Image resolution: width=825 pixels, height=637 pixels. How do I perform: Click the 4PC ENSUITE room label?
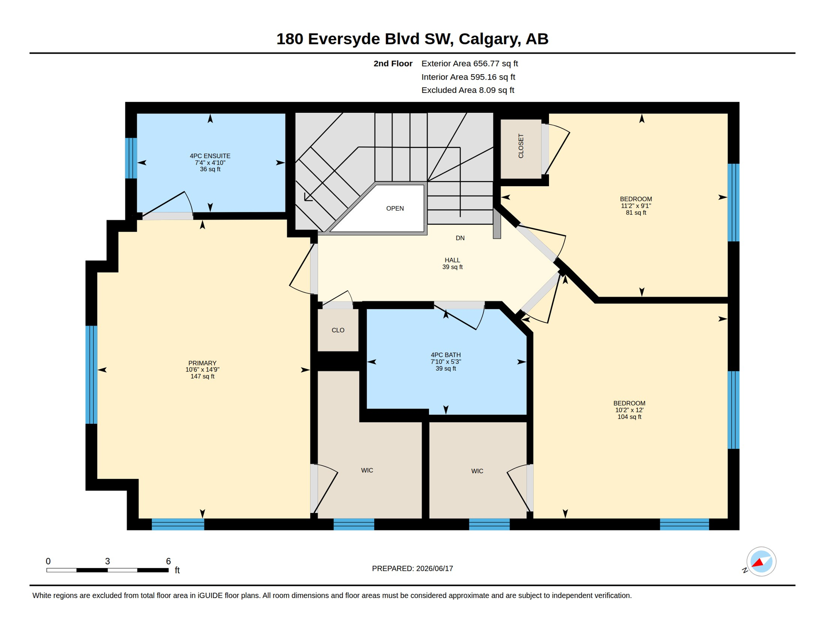coord(210,156)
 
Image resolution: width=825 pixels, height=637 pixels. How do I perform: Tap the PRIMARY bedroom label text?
coord(202,363)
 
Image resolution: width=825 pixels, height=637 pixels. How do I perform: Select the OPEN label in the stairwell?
coord(395,208)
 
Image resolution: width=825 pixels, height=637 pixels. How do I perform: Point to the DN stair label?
coord(460,238)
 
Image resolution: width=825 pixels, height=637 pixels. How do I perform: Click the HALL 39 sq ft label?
coord(452,263)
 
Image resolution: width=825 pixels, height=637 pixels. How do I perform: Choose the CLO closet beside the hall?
coord(338,330)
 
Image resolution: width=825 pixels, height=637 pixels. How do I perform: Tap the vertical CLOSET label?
coord(521,146)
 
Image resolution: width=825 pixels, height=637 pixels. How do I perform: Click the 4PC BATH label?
coord(446,355)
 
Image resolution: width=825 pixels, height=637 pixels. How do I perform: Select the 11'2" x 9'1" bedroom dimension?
coord(636,206)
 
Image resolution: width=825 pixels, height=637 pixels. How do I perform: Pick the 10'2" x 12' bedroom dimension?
coord(629,410)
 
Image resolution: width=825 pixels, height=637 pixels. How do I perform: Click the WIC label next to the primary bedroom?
coord(367,470)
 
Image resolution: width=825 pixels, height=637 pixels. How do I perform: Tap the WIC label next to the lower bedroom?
coord(477,471)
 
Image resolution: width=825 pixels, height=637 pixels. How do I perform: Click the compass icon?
coord(761,562)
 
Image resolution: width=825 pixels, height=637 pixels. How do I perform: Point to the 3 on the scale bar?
coord(107,561)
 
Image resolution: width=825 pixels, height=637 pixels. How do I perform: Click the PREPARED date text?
coord(412,569)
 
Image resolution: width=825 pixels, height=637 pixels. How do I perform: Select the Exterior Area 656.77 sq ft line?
coord(470,63)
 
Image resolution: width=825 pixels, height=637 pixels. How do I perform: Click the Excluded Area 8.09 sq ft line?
coord(468,90)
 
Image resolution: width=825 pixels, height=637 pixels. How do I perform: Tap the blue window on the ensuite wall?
coord(131,158)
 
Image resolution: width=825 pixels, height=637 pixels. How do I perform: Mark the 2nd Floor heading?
coord(393,63)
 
